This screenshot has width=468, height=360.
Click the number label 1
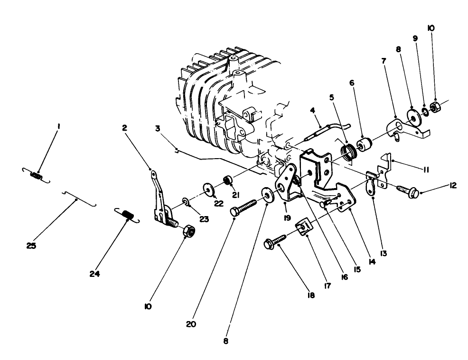58,126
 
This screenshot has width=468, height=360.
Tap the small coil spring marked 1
35,175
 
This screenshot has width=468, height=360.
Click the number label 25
32,246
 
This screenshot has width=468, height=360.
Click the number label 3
157,128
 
